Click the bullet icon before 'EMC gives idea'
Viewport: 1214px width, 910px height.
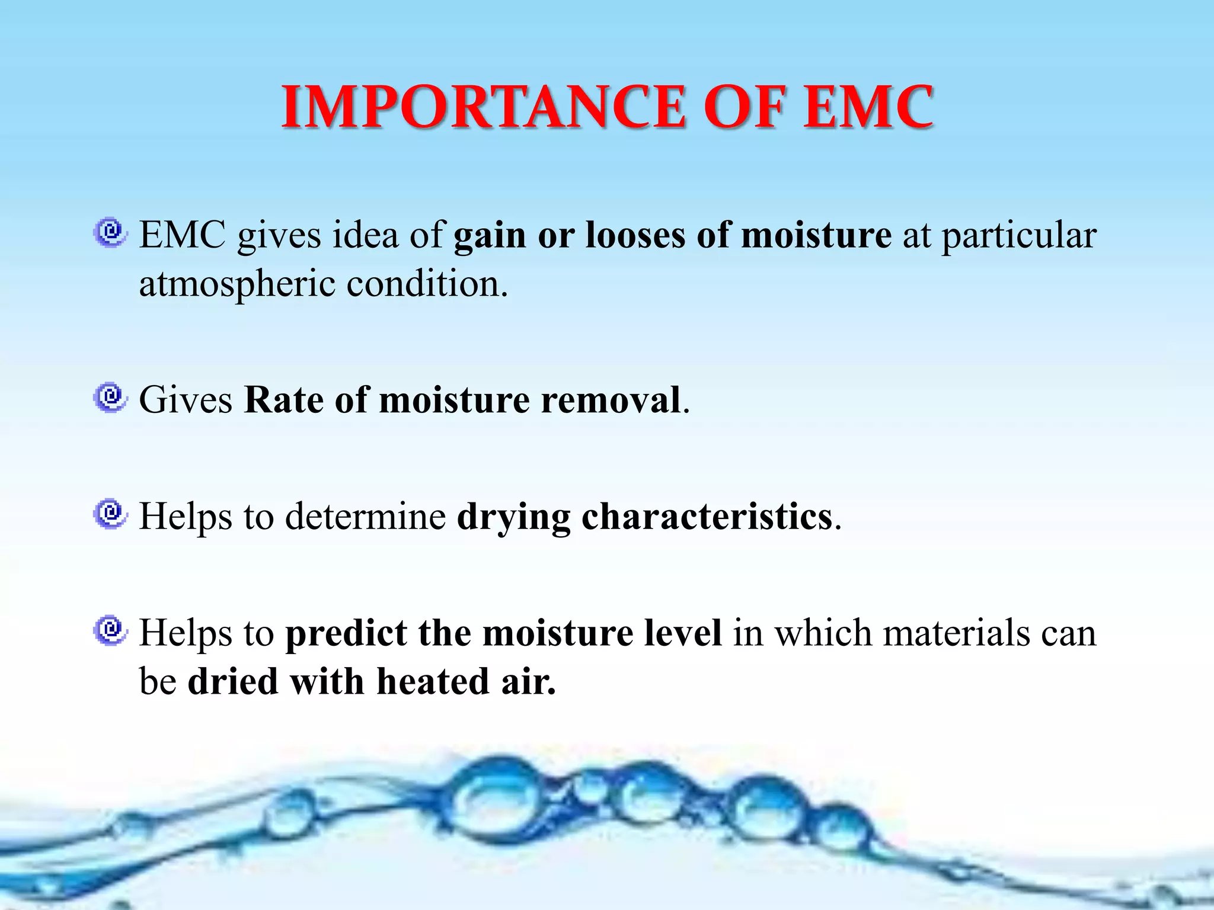pos(110,232)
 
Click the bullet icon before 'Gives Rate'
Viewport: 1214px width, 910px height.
pos(110,398)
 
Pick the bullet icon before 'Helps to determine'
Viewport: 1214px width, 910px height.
pos(110,514)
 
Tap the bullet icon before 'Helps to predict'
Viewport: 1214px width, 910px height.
pos(110,630)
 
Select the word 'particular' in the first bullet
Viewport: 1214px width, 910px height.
pos(1019,236)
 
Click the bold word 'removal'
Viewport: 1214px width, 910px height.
pos(611,399)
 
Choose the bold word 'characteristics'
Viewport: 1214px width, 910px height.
pos(707,517)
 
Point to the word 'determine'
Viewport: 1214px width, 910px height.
pos(365,516)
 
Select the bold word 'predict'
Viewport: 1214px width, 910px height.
pos(346,633)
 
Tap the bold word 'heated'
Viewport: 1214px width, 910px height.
pos(432,681)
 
